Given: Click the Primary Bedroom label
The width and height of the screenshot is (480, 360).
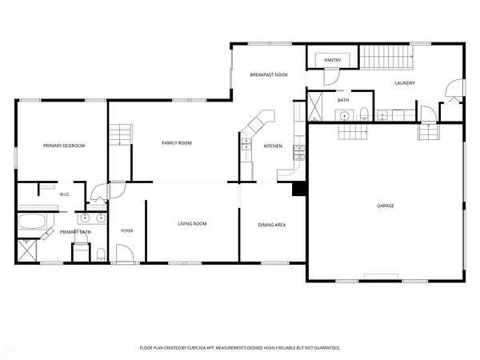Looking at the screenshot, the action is coord(64,146).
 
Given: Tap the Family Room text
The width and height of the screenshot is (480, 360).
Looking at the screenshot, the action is coord(177,142).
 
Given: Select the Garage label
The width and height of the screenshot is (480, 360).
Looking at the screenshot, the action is coord(386,206).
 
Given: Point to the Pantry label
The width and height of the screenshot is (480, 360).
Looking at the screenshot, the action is coord(333,60).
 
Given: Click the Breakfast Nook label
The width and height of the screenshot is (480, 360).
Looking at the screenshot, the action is coord(269,74).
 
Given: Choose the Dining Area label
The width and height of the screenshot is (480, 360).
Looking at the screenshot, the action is coord(272,225).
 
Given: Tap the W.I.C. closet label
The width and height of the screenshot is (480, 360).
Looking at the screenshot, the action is coord(65,194).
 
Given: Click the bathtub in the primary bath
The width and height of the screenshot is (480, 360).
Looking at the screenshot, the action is coord(32,222).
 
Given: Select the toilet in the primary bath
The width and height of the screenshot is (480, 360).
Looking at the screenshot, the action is coord(101,254).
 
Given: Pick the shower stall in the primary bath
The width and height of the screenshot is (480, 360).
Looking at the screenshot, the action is coord(27,250).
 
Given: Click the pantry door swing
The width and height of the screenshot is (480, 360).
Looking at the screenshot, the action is coord(331,77).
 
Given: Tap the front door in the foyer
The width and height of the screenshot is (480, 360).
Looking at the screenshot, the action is coord(126,254).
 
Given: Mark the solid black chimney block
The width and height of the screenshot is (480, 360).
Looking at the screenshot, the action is coord(299,189).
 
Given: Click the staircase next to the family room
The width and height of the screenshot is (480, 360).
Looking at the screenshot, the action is coord(121,134).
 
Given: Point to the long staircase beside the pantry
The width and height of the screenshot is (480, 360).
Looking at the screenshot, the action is coord(386,57).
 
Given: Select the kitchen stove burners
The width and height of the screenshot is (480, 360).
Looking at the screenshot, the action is coord(299,153).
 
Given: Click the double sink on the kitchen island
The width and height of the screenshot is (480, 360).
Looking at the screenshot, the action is coord(246,145).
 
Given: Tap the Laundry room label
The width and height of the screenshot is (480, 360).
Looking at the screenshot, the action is coord(405,83).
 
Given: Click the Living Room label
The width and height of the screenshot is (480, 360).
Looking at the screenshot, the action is coord(192,224).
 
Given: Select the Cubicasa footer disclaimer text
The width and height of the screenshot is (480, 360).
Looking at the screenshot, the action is coord(240,348).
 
